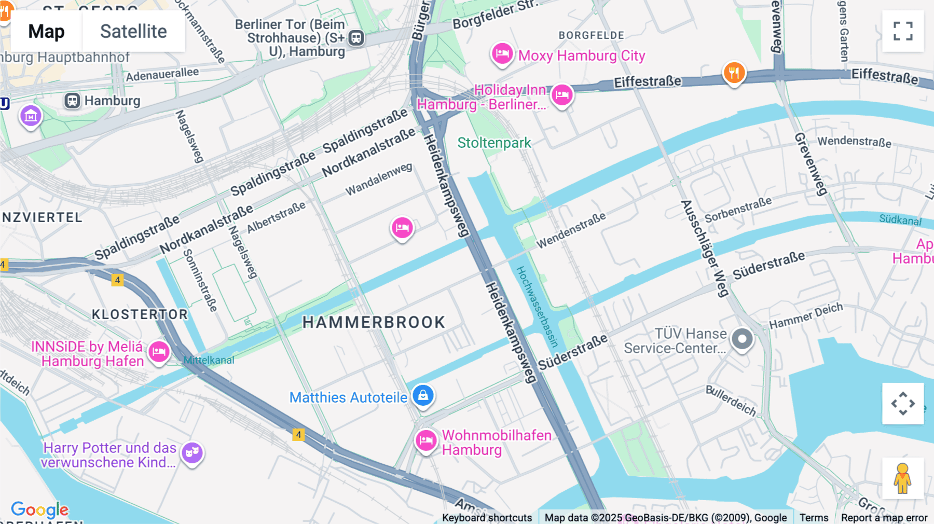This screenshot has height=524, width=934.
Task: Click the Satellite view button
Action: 133,31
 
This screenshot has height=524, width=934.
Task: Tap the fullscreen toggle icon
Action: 903,31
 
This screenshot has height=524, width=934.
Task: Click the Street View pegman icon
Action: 903,478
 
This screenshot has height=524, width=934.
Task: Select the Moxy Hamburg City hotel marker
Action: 502,53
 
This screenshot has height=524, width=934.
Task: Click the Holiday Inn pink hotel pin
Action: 562,95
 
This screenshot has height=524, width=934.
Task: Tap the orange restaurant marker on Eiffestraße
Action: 734,73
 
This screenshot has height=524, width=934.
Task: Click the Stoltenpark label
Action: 494,143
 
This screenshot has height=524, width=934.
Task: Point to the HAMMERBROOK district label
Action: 374,322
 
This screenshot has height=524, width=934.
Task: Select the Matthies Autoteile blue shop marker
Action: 423,396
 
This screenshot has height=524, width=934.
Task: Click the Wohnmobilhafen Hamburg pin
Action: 426,441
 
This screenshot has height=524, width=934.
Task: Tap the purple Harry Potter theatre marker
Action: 192,453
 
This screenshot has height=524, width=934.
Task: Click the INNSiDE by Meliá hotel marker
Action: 159,352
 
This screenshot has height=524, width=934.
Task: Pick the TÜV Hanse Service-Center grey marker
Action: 742,339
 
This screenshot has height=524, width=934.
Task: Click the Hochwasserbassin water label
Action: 537,306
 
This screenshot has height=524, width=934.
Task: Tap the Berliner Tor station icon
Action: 356,38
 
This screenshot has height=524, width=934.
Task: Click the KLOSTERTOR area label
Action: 140,314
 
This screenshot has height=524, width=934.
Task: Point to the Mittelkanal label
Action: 209,360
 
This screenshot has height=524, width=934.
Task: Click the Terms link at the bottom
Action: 814,517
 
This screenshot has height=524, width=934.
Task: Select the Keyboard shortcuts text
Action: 487,517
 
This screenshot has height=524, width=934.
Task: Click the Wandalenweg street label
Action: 379,179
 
